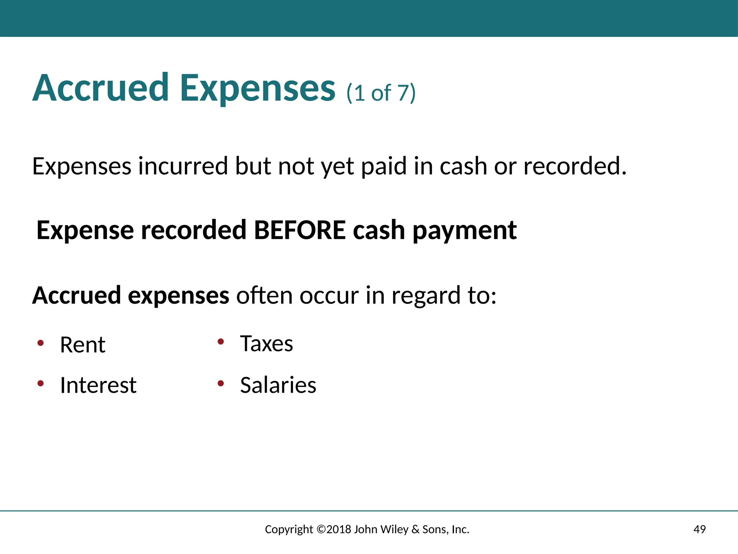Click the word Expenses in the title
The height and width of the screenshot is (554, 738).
point(258,89)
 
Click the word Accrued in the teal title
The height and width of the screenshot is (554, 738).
point(101,88)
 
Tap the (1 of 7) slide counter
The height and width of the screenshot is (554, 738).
point(381,93)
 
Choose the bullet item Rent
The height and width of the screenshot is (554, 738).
point(83,345)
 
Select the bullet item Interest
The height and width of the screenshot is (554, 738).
point(98,385)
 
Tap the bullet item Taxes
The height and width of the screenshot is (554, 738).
point(267,344)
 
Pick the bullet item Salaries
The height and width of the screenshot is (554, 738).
point(278,385)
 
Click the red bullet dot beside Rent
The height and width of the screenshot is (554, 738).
point(41,343)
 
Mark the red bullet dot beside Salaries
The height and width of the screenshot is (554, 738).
point(221,383)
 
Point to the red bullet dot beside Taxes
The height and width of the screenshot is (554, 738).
point(221,342)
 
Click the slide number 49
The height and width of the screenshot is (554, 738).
point(699,529)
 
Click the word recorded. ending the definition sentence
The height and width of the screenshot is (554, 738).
point(575,166)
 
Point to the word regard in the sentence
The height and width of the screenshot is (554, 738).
point(425,295)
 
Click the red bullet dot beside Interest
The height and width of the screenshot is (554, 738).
point(41,383)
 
